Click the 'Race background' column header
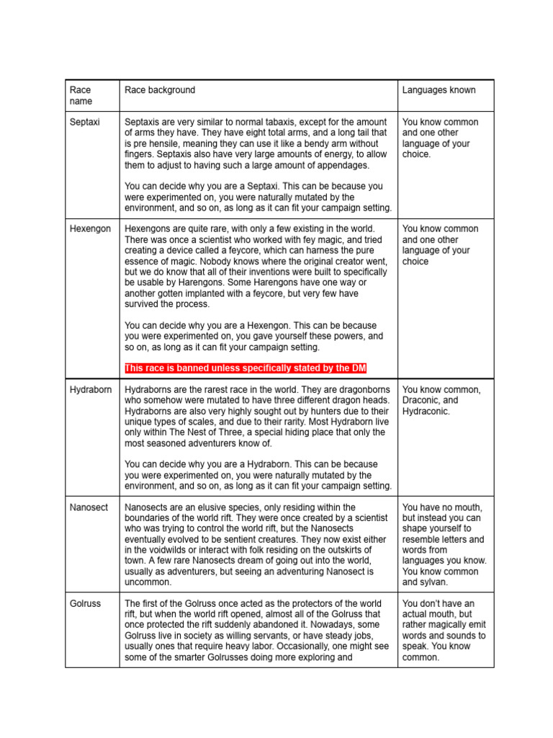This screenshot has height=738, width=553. tap(160, 90)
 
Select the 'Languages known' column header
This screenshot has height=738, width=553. tap(439, 90)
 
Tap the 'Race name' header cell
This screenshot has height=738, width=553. tap(81, 96)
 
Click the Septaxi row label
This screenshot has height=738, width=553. tap(85, 123)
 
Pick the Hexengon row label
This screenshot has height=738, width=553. tap(90, 229)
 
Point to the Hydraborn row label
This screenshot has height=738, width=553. tap(91, 390)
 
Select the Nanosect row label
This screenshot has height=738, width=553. tap(89, 507)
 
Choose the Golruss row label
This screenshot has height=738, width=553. tap(84, 604)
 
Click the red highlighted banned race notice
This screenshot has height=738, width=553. tap(246, 369)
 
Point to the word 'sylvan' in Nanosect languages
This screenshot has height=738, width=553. tap(433, 582)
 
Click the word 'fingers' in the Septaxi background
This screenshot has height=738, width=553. tap(140, 154)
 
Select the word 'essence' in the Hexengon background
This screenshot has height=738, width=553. tap(143, 262)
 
